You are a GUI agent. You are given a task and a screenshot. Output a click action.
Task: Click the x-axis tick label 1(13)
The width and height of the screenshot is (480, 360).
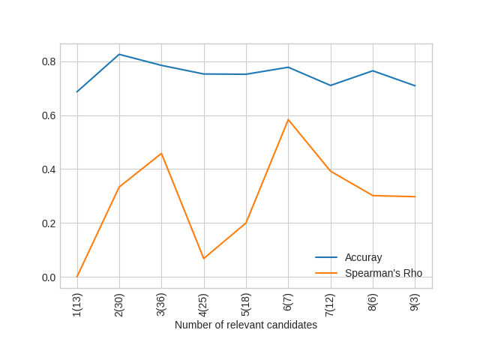[77, 304]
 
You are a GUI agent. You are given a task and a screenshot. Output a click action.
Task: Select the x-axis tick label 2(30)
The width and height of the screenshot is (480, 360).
[119, 304]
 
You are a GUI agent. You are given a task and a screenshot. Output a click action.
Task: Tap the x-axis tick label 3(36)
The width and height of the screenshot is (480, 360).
[161, 304]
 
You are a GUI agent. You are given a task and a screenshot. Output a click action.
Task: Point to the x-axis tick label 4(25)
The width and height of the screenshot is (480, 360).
[203, 304]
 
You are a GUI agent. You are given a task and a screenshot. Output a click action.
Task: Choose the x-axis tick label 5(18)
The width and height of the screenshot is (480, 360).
[246, 304]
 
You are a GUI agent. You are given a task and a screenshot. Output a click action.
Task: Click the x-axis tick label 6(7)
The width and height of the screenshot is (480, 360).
[288, 302]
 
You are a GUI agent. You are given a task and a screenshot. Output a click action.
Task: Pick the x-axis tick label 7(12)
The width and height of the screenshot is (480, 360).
[330, 304]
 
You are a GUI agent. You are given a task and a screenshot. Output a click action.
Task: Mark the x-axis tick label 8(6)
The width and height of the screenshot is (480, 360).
[373, 302]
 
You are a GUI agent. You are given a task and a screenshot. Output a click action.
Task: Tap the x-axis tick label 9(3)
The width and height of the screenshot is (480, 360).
[415, 302]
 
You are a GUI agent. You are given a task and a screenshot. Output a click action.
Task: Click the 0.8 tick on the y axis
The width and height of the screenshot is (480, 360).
[49, 61]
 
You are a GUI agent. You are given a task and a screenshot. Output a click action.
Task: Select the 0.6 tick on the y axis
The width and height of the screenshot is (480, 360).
[49, 115]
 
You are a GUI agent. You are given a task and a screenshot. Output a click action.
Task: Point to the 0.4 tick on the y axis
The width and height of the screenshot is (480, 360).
[49, 169]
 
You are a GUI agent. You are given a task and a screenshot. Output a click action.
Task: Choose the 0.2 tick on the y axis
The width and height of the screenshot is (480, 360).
[49, 223]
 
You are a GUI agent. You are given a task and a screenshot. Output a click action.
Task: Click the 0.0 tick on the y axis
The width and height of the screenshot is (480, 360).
[49, 277]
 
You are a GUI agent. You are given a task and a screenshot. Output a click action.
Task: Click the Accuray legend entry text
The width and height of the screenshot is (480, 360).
[363, 257]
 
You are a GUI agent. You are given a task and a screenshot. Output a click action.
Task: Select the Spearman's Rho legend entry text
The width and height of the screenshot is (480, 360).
[383, 273]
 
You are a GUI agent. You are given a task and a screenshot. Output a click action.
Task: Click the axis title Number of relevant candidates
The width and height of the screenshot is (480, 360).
[246, 325]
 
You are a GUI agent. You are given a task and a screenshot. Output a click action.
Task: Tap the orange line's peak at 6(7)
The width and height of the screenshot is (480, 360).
[288, 119]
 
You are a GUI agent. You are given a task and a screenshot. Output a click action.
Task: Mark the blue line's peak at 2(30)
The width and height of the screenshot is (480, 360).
[119, 54]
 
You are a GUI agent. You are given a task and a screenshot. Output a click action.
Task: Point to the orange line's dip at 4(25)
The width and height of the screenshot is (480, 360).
[203, 259]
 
